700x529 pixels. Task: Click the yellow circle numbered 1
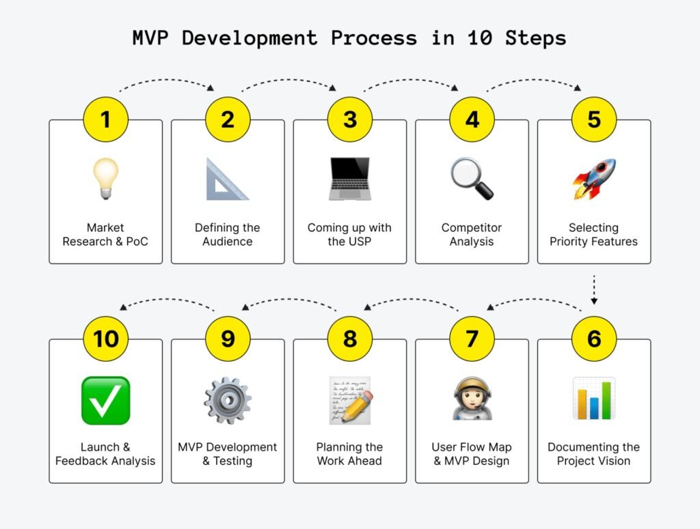tap(105, 119)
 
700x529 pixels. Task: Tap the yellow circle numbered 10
tap(105, 339)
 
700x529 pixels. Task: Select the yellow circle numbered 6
tap(594, 339)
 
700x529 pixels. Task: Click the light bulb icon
tap(105, 179)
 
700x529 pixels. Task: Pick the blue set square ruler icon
tap(227, 180)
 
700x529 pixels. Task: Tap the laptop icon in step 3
tap(349, 179)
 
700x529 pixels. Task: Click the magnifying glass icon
tap(472, 179)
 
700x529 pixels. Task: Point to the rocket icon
tap(594, 179)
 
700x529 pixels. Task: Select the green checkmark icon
tap(105, 401)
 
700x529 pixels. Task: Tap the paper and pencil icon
tap(349, 399)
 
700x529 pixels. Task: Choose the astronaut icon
tap(472, 399)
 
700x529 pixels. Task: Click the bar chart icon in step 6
tap(594, 399)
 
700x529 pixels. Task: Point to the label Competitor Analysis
tap(472, 234)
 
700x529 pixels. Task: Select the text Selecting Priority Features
tap(594, 234)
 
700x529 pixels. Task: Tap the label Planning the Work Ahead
tap(349, 454)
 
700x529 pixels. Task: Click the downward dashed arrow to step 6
tap(594, 289)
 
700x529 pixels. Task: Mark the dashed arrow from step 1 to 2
tap(166, 85)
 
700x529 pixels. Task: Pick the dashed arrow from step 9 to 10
tap(167, 302)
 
